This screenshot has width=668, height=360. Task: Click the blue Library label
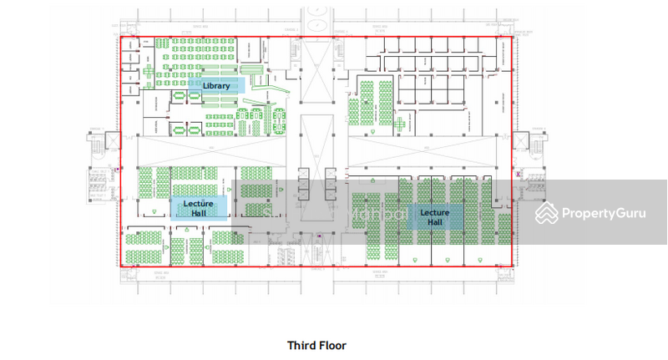point(215,86)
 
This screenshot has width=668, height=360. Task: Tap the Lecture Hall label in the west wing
point(199,207)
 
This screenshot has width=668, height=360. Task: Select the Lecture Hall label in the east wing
point(434,217)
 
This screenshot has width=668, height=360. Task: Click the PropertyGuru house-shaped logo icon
point(547,213)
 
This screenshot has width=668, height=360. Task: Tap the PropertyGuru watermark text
point(603,214)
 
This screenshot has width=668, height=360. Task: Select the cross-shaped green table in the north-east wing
point(402,125)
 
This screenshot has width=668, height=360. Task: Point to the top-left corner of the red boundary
point(121,37)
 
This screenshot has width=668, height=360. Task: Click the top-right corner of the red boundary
point(512,37)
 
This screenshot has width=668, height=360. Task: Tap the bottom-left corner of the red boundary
point(121,266)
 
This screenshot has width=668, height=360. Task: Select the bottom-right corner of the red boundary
point(512,266)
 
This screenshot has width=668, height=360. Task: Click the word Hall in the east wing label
point(434,223)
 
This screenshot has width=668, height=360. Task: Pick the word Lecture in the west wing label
point(199,202)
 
